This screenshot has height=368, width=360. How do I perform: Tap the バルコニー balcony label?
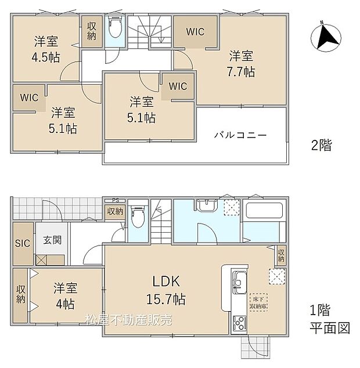(x=240, y=135)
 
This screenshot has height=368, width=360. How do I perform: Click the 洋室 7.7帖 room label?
(x=241, y=64)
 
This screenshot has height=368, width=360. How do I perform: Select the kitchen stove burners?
(x=239, y=322)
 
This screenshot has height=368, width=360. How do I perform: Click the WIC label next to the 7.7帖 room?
(x=195, y=32)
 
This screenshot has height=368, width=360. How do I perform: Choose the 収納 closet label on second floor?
(x=92, y=31)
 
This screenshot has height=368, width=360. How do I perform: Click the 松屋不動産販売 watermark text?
(x=128, y=320)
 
